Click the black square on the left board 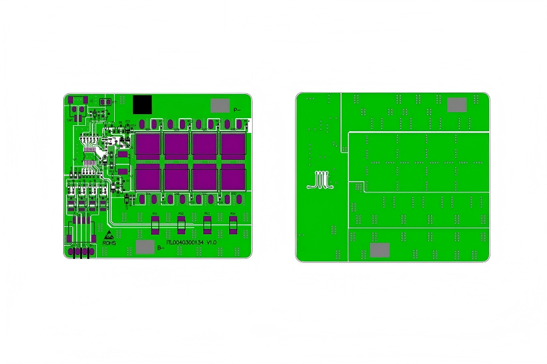point(142,104)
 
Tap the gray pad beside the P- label point(220,106)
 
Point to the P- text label point(237,110)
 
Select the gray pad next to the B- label point(145,247)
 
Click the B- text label point(160,248)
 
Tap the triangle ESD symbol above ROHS point(108,234)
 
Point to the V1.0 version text point(212,242)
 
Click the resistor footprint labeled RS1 point(155,226)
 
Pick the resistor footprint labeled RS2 point(181,226)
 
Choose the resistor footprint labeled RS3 point(207,226)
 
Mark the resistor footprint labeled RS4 point(233,226)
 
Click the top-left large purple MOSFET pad point(148,145)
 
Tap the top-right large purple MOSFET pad point(233,145)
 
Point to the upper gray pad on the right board point(457,104)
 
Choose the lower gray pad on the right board point(380,250)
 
